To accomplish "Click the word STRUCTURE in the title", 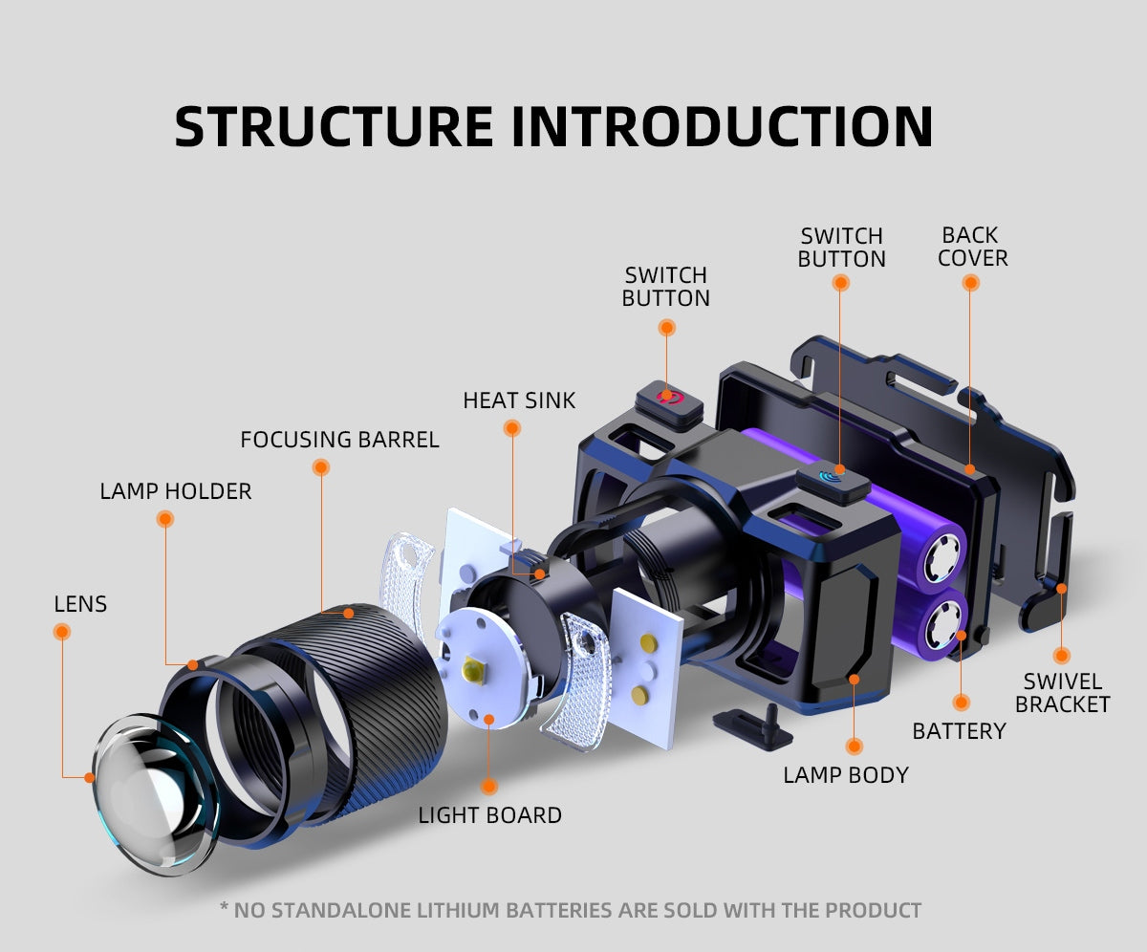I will click(x=335, y=126).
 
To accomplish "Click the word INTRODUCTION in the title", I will click(x=723, y=126).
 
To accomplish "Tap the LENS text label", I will click(x=80, y=604).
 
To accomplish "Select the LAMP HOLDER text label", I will click(x=176, y=491).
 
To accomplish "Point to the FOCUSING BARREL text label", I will click(x=339, y=440).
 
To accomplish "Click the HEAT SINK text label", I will click(x=519, y=400).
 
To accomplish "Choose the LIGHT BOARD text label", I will click(x=489, y=815).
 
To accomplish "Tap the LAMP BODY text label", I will click(x=846, y=774).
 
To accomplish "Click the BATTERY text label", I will click(x=959, y=731).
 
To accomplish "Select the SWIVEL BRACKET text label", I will click(x=1062, y=693).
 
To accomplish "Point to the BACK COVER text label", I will click(x=972, y=247).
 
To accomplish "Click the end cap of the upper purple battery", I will click(x=940, y=555).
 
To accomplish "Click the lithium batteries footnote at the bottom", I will click(x=571, y=910).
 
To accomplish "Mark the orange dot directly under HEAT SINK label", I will click(x=512, y=429).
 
